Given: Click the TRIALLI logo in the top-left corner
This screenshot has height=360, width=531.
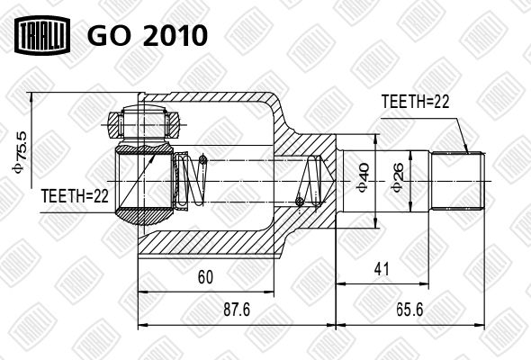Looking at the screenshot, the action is [x=42, y=35].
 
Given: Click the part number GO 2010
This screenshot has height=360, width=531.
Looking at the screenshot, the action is [x=148, y=35].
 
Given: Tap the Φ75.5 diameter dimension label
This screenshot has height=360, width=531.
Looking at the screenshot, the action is [x=20, y=151].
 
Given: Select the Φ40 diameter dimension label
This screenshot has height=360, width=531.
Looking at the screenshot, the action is [x=364, y=178].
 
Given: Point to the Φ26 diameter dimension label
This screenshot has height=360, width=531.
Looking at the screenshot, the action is [x=398, y=177].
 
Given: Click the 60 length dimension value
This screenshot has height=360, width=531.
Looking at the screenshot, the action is [x=205, y=277].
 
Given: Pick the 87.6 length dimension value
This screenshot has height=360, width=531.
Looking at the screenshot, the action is [x=237, y=310].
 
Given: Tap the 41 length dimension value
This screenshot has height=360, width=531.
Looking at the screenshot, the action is [x=382, y=269].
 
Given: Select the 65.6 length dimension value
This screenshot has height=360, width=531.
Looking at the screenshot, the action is [x=409, y=310].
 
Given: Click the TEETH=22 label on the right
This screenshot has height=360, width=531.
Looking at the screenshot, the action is [x=415, y=102].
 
